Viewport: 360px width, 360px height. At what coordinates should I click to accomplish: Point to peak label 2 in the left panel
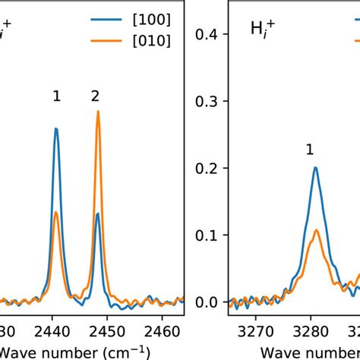pyautogui.click(x=95, y=96)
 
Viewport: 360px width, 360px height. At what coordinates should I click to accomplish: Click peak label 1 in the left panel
pyautogui.click(x=56, y=96)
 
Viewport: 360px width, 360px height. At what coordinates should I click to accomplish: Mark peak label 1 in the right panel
pyautogui.click(x=310, y=150)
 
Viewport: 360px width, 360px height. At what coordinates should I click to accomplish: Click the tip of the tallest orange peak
pyautogui.click(x=98, y=112)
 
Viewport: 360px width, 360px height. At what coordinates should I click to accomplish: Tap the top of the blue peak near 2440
pyautogui.click(x=56, y=128)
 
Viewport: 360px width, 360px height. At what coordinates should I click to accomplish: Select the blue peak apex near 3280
pyautogui.click(x=314, y=168)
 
